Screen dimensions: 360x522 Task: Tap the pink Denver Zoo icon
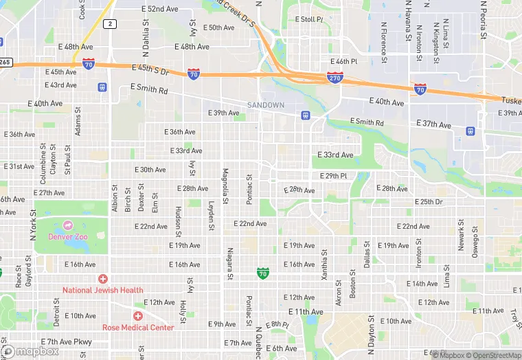[x=68, y=225]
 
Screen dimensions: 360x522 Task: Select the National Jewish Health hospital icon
[x=103, y=279]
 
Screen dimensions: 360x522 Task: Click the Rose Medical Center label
[x=138, y=327]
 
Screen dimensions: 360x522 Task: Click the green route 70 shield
[x=263, y=273]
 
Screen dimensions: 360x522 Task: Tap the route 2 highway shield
[x=110, y=24]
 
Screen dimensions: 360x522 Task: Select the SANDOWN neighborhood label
[x=266, y=105]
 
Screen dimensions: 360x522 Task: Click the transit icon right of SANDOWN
[x=305, y=115]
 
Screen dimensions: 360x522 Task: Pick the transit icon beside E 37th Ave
[x=470, y=131]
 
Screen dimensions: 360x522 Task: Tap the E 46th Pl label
[x=343, y=62]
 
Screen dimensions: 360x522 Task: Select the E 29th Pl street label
[x=332, y=176]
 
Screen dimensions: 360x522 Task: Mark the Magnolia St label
[x=225, y=185]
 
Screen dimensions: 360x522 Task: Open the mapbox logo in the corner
[x=31, y=351]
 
